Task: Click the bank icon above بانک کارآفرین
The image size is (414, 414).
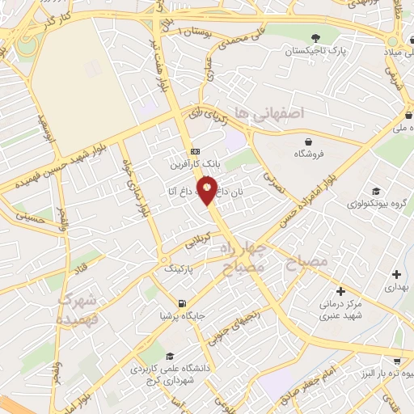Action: click(x=195, y=151)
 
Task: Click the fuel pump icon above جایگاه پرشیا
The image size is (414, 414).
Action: click(x=183, y=304)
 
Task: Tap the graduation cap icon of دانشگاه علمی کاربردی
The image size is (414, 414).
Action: click(x=170, y=356)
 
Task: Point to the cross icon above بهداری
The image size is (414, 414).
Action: click(x=395, y=275)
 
